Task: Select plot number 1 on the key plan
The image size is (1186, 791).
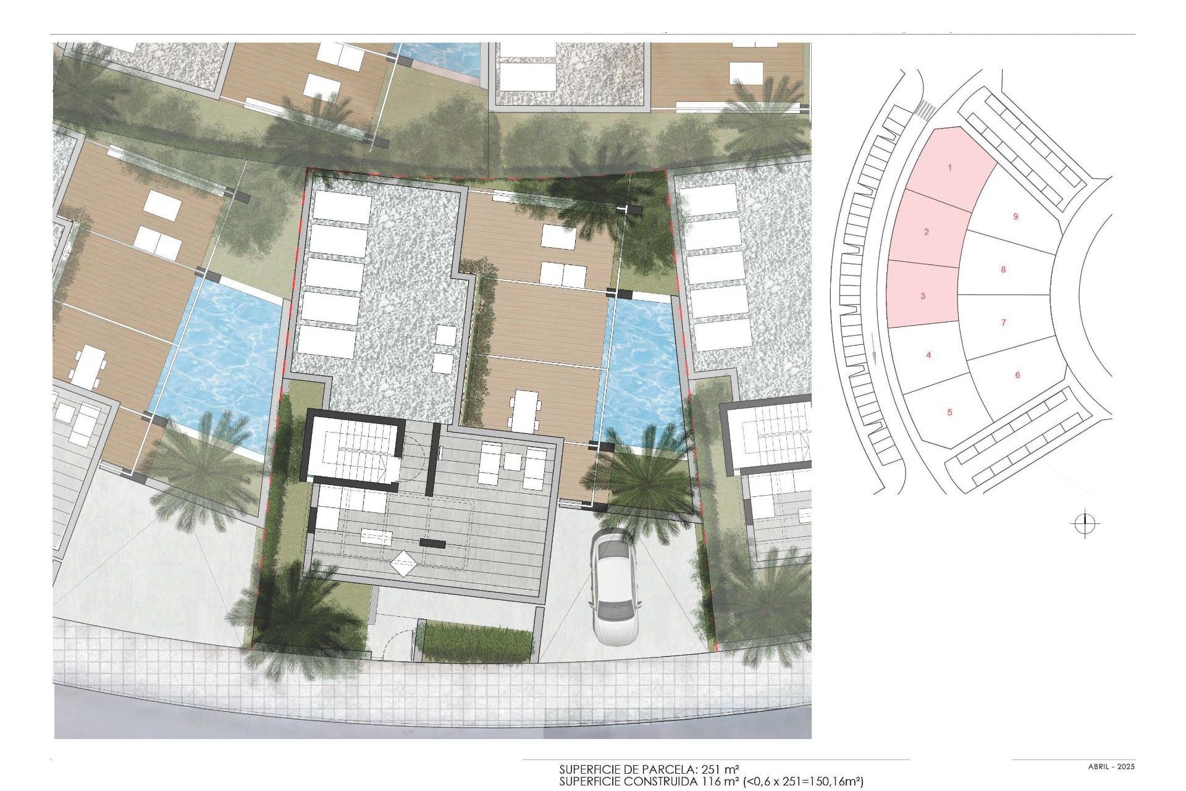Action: point(950,167)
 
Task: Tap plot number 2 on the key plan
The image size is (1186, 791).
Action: point(926,232)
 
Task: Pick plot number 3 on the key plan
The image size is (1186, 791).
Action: point(923,296)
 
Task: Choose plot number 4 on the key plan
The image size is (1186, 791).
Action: point(928,355)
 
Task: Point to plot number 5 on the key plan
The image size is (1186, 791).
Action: point(950,412)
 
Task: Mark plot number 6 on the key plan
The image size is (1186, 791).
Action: point(1017,375)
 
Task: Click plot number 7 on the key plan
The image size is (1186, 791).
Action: point(1004,323)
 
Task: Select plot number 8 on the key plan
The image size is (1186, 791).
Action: point(1003,269)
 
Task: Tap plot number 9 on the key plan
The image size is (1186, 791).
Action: point(1016,217)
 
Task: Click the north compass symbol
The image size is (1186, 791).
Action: point(1085,525)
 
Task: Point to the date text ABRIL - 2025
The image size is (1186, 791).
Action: point(1111,767)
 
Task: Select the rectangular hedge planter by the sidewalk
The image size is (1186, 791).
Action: point(479,641)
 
